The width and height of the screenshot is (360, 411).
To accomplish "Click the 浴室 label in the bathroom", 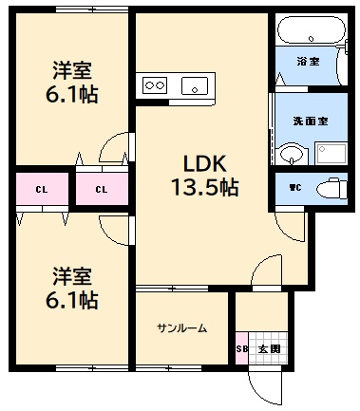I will [308, 62].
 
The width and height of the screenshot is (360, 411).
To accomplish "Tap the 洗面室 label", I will [309, 121].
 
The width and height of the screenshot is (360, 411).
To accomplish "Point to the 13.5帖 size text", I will [204, 187].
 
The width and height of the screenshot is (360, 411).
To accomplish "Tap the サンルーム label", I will [181, 328].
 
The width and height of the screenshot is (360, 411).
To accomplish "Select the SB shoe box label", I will [242, 349].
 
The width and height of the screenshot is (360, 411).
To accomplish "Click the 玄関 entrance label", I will [269, 349].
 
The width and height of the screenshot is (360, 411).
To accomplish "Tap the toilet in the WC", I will [330, 186].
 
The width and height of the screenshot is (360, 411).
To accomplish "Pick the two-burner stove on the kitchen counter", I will [154, 85].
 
